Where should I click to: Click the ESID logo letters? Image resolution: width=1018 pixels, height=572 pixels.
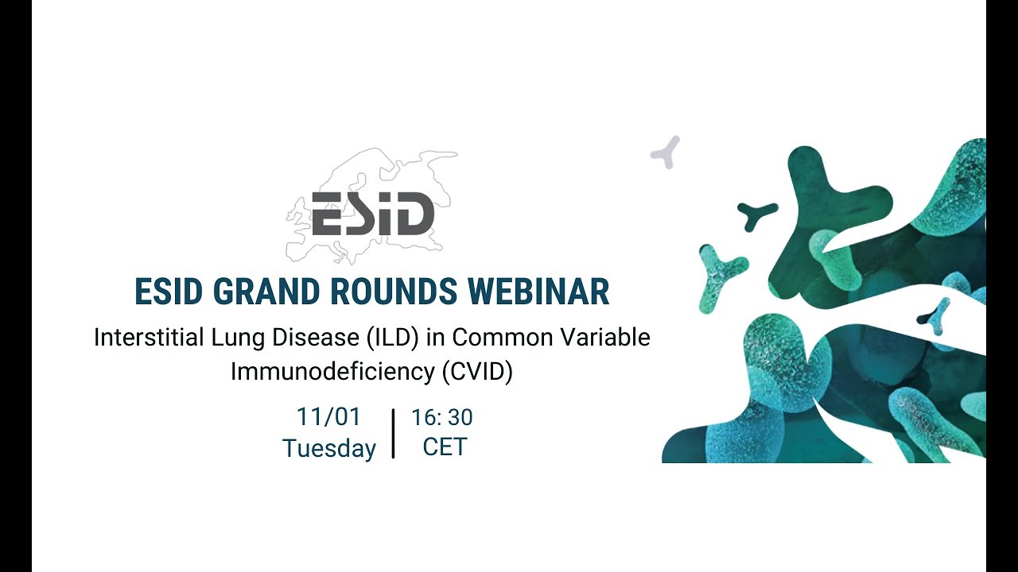pos(372,214)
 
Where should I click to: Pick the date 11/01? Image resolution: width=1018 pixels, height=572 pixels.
pos(328,416)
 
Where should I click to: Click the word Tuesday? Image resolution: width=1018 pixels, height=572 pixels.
pos(328,448)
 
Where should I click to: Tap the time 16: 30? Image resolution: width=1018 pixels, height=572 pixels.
pos(442,417)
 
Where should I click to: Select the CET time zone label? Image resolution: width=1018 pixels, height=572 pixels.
pos(445,447)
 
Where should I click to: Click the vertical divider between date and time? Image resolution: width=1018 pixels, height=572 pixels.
pos(394,434)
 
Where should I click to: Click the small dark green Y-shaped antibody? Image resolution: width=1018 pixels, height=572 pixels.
pos(756,214)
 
